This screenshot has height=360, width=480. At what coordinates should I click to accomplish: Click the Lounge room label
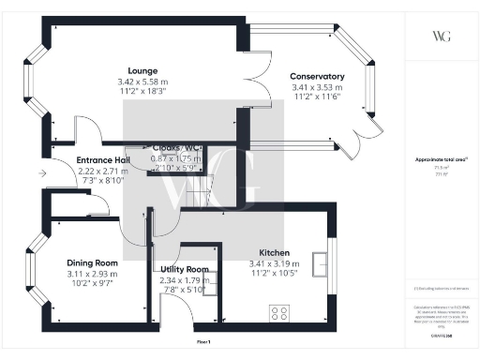coord(143,70)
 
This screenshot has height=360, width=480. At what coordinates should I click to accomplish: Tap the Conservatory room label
coord(317,76)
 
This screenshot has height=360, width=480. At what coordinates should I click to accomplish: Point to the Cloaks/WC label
coord(176,147)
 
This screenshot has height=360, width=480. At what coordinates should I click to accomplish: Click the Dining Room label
coord(92,262)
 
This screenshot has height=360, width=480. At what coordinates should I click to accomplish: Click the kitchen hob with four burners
coord(279,312)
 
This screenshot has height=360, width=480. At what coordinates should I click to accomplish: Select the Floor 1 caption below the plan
coord(203,341)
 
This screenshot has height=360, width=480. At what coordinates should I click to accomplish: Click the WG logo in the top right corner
coord(441,37)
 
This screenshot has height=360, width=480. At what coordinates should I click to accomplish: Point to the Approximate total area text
coord(441,160)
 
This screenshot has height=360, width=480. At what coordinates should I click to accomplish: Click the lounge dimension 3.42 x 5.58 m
coord(143,82)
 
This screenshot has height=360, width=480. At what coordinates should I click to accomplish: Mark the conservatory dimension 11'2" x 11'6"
coord(317,98)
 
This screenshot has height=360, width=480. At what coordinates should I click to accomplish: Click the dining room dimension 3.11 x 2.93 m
coord(92,274)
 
